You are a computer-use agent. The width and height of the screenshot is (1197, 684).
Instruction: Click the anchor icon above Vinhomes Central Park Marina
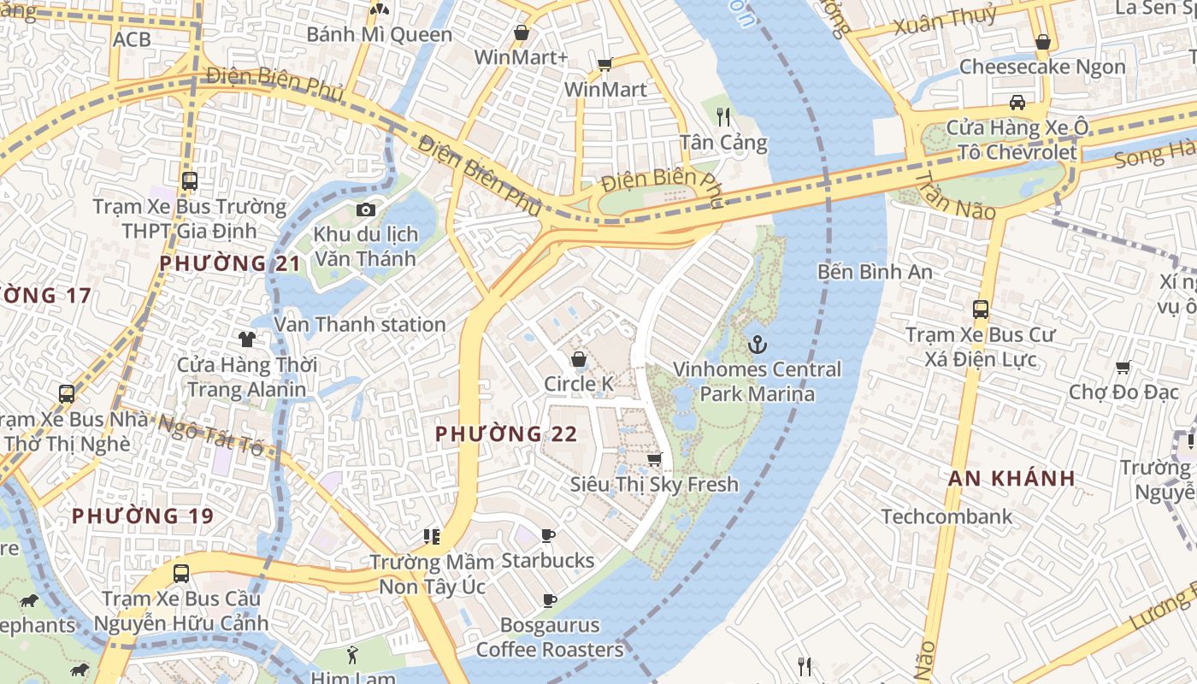point(757,345)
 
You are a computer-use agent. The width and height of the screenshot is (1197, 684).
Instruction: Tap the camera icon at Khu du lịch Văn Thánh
point(366,209)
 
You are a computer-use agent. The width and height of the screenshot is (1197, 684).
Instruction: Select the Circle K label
point(579,385)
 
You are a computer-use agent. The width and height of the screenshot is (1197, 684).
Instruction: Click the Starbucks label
point(547,561)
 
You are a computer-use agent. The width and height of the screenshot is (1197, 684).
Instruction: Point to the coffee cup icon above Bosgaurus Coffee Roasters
point(549,601)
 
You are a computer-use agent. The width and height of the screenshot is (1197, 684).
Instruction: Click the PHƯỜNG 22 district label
point(506,434)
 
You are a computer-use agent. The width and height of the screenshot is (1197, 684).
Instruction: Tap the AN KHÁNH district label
point(1011,479)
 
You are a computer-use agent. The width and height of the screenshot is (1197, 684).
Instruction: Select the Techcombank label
point(946,516)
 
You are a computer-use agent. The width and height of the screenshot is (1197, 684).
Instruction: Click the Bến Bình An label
point(875,272)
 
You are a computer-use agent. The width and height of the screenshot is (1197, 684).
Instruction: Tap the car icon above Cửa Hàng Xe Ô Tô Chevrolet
point(1017,103)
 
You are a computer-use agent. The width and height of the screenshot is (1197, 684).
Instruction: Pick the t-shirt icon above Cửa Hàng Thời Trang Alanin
point(247,339)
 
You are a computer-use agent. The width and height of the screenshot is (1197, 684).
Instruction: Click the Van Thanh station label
point(359,325)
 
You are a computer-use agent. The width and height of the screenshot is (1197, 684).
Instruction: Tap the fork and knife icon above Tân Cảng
point(723,117)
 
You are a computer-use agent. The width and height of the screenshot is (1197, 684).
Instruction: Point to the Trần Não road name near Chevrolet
point(955,195)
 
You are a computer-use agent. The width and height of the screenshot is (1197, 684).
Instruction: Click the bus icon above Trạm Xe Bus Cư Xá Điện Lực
point(981,310)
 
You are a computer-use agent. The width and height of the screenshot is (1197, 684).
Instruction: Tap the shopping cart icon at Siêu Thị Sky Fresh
point(654,460)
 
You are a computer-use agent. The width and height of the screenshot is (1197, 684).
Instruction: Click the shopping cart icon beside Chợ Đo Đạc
point(1123,367)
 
